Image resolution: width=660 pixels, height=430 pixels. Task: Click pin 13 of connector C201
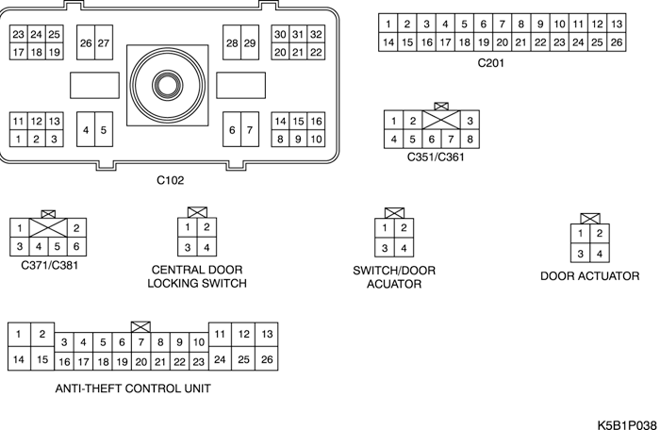(616, 24)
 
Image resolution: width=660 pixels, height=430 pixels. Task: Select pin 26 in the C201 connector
(616, 42)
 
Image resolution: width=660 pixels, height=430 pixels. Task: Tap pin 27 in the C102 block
(104, 43)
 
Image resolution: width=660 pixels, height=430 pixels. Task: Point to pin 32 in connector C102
(317, 34)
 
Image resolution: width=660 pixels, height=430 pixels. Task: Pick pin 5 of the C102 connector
(104, 130)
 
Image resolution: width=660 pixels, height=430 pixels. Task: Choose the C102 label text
(171, 178)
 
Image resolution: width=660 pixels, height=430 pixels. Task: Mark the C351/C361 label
(436, 157)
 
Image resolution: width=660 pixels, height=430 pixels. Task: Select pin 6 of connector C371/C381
(78, 246)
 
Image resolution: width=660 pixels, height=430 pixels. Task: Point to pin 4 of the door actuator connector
(599, 254)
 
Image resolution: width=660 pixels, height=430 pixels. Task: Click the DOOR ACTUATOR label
(590, 277)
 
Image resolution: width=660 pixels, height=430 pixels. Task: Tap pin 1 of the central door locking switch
(189, 227)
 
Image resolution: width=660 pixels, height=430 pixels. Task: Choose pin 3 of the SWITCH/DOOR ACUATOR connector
(384, 248)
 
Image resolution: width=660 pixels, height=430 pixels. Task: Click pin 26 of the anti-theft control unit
(267, 359)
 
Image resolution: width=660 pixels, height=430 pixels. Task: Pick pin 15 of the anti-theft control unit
(41, 359)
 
